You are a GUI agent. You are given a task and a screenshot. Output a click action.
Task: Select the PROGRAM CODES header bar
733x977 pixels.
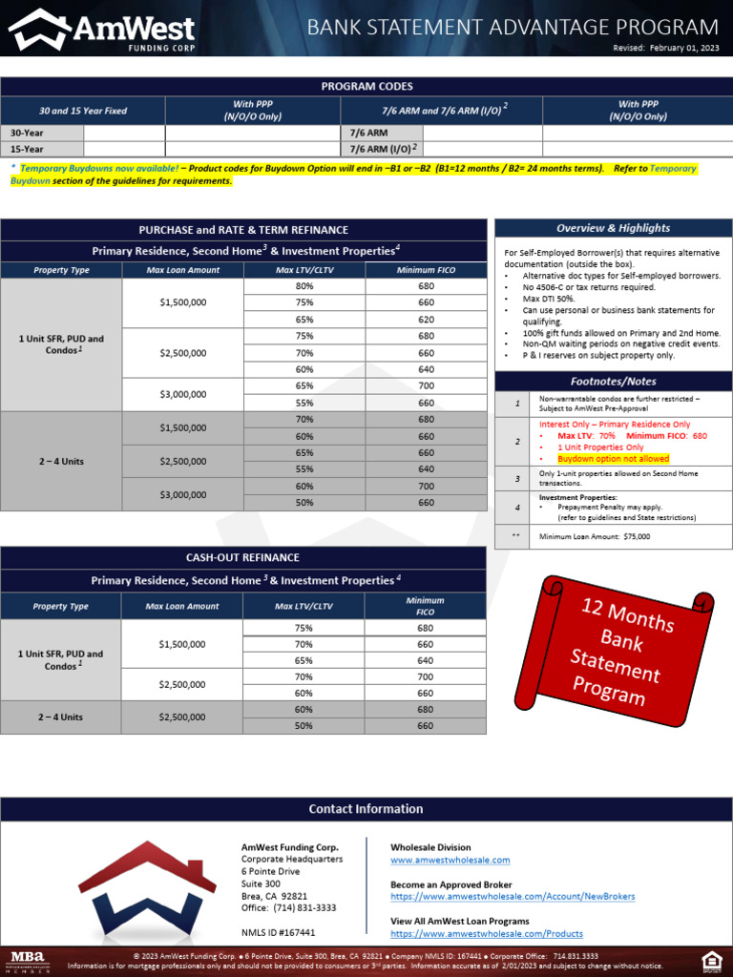tap(366, 87)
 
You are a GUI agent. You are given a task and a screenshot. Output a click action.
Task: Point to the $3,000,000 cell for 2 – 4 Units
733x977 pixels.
tap(183, 494)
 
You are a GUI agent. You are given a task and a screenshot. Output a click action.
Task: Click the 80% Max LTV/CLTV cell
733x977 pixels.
tap(304, 286)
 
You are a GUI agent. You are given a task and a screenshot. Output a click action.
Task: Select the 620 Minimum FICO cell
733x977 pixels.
tap(426, 320)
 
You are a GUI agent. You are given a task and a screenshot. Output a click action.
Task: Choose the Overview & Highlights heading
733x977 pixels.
tap(613, 228)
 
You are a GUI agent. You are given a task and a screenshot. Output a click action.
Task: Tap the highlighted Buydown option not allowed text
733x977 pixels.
tap(613, 459)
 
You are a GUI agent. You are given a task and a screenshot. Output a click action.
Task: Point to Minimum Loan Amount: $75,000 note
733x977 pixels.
tap(594, 537)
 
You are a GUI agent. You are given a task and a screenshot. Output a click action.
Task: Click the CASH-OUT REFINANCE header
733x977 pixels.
tap(242, 557)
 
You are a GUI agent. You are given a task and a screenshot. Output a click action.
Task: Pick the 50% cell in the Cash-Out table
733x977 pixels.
tap(304, 726)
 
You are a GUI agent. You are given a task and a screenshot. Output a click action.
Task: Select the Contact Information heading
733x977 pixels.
tap(366, 809)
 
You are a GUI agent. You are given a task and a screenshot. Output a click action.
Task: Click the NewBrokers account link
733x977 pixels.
tap(513, 897)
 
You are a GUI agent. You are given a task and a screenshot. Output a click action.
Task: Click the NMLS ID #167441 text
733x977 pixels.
tap(278, 933)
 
